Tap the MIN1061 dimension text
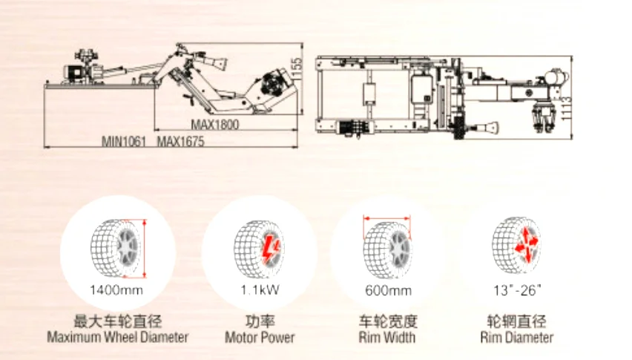click(x=123, y=141)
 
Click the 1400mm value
click(x=118, y=289)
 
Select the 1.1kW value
click(x=260, y=289)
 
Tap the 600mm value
click(x=387, y=289)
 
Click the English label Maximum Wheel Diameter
click(x=118, y=337)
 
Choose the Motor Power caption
click(x=260, y=338)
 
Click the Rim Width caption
click(x=387, y=338)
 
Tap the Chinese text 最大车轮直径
click(x=118, y=321)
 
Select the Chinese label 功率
click(x=260, y=321)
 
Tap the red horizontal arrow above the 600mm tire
click(x=386, y=217)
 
